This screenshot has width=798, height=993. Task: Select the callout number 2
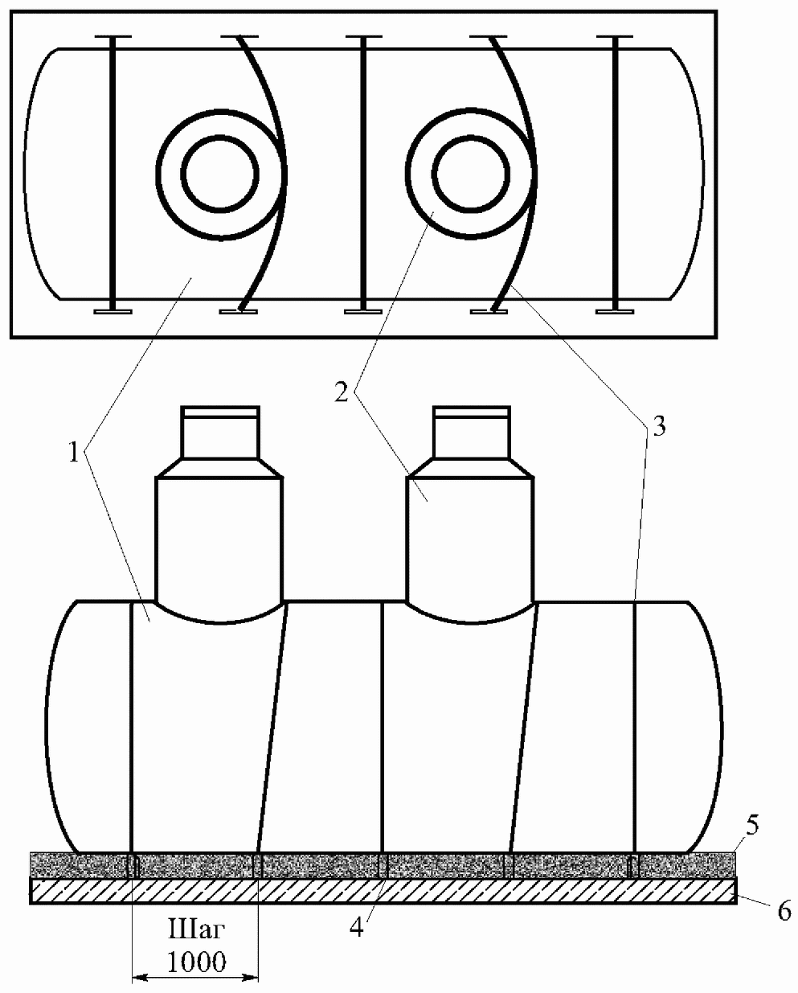point(342,392)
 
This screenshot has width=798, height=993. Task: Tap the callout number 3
point(660,427)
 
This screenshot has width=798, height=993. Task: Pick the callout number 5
point(752,825)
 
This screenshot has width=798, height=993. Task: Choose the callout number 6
point(784,911)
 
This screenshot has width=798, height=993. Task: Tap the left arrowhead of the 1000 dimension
point(139,977)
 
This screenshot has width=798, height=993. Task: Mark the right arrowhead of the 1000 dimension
point(251,977)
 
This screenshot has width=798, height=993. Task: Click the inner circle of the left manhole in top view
point(219,174)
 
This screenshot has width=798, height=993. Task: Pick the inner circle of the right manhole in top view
point(470,174)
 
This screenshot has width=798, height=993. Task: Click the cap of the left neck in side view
point(220,412)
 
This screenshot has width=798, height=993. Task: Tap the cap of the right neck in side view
point(472,412)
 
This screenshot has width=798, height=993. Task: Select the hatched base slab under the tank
point(383,891)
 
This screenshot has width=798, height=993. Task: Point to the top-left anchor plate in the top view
point(113,36)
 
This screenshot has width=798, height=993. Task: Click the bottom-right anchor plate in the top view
point(615,312)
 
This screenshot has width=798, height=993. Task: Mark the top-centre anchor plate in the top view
point(363,36)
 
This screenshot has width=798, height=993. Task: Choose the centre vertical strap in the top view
point(363,174)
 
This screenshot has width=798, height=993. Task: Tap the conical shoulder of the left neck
point(219,468)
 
